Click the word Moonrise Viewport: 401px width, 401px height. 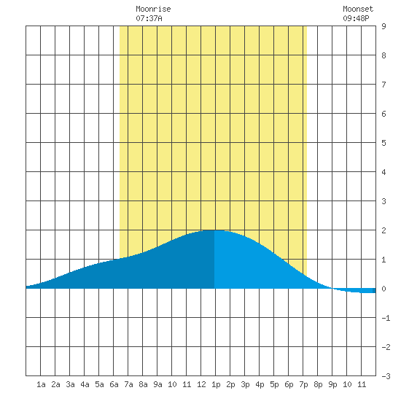click(x=153, y=9)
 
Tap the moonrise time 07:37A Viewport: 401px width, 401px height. click(x=149, y=18)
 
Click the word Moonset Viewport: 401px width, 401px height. click(x=358, y=9)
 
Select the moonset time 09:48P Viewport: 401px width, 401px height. click(x=356, y=18)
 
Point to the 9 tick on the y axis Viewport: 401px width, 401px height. click(x=384, y=26)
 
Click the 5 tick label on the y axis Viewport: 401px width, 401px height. click(x=384, y=143)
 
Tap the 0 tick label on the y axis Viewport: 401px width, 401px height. click(x=384, y=289)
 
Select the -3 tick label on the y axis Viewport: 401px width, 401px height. click(x=386, y=376)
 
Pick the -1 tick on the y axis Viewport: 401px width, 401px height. click(x=386, y=318)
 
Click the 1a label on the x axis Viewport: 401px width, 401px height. click(x=41, y=384)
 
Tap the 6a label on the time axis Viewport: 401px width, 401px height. click(x=114, y=384)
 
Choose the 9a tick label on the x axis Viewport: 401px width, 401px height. click(x=157, y=384)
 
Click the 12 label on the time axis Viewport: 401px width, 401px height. click(x=201, y=384)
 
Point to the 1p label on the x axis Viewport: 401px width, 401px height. click(x=216, y=384)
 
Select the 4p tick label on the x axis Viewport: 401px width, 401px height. click(x=260, y=384)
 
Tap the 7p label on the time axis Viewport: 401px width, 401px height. click(x=303, y=384)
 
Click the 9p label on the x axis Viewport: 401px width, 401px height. click(x=332, y=384)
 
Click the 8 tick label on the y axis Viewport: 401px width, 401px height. click(x=384, y=55)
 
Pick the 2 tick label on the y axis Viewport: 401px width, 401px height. click(x=384, y=230)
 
